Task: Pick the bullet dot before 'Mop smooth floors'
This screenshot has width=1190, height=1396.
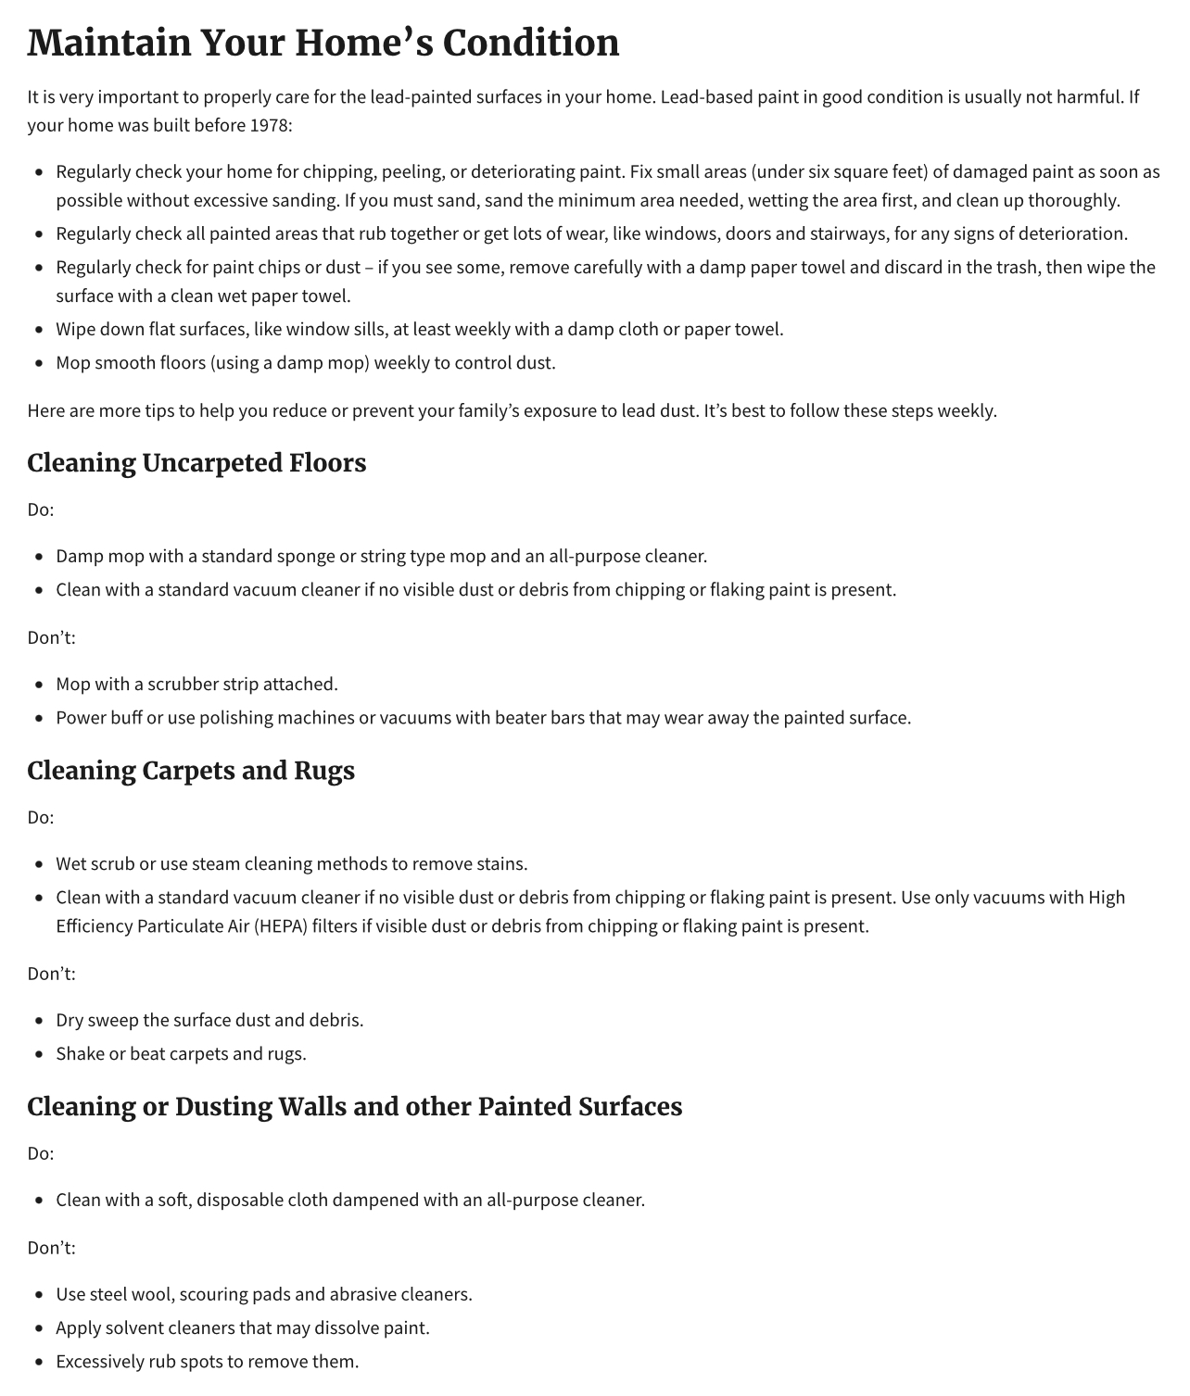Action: pos(39,363)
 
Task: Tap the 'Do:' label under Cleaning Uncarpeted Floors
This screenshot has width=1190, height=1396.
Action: pos(41,509)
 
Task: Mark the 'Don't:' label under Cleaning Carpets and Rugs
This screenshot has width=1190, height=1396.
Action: pos(51,974)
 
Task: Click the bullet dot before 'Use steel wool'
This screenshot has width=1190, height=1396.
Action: pos(39,1295)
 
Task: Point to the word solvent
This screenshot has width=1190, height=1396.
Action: pos(128,1328)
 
